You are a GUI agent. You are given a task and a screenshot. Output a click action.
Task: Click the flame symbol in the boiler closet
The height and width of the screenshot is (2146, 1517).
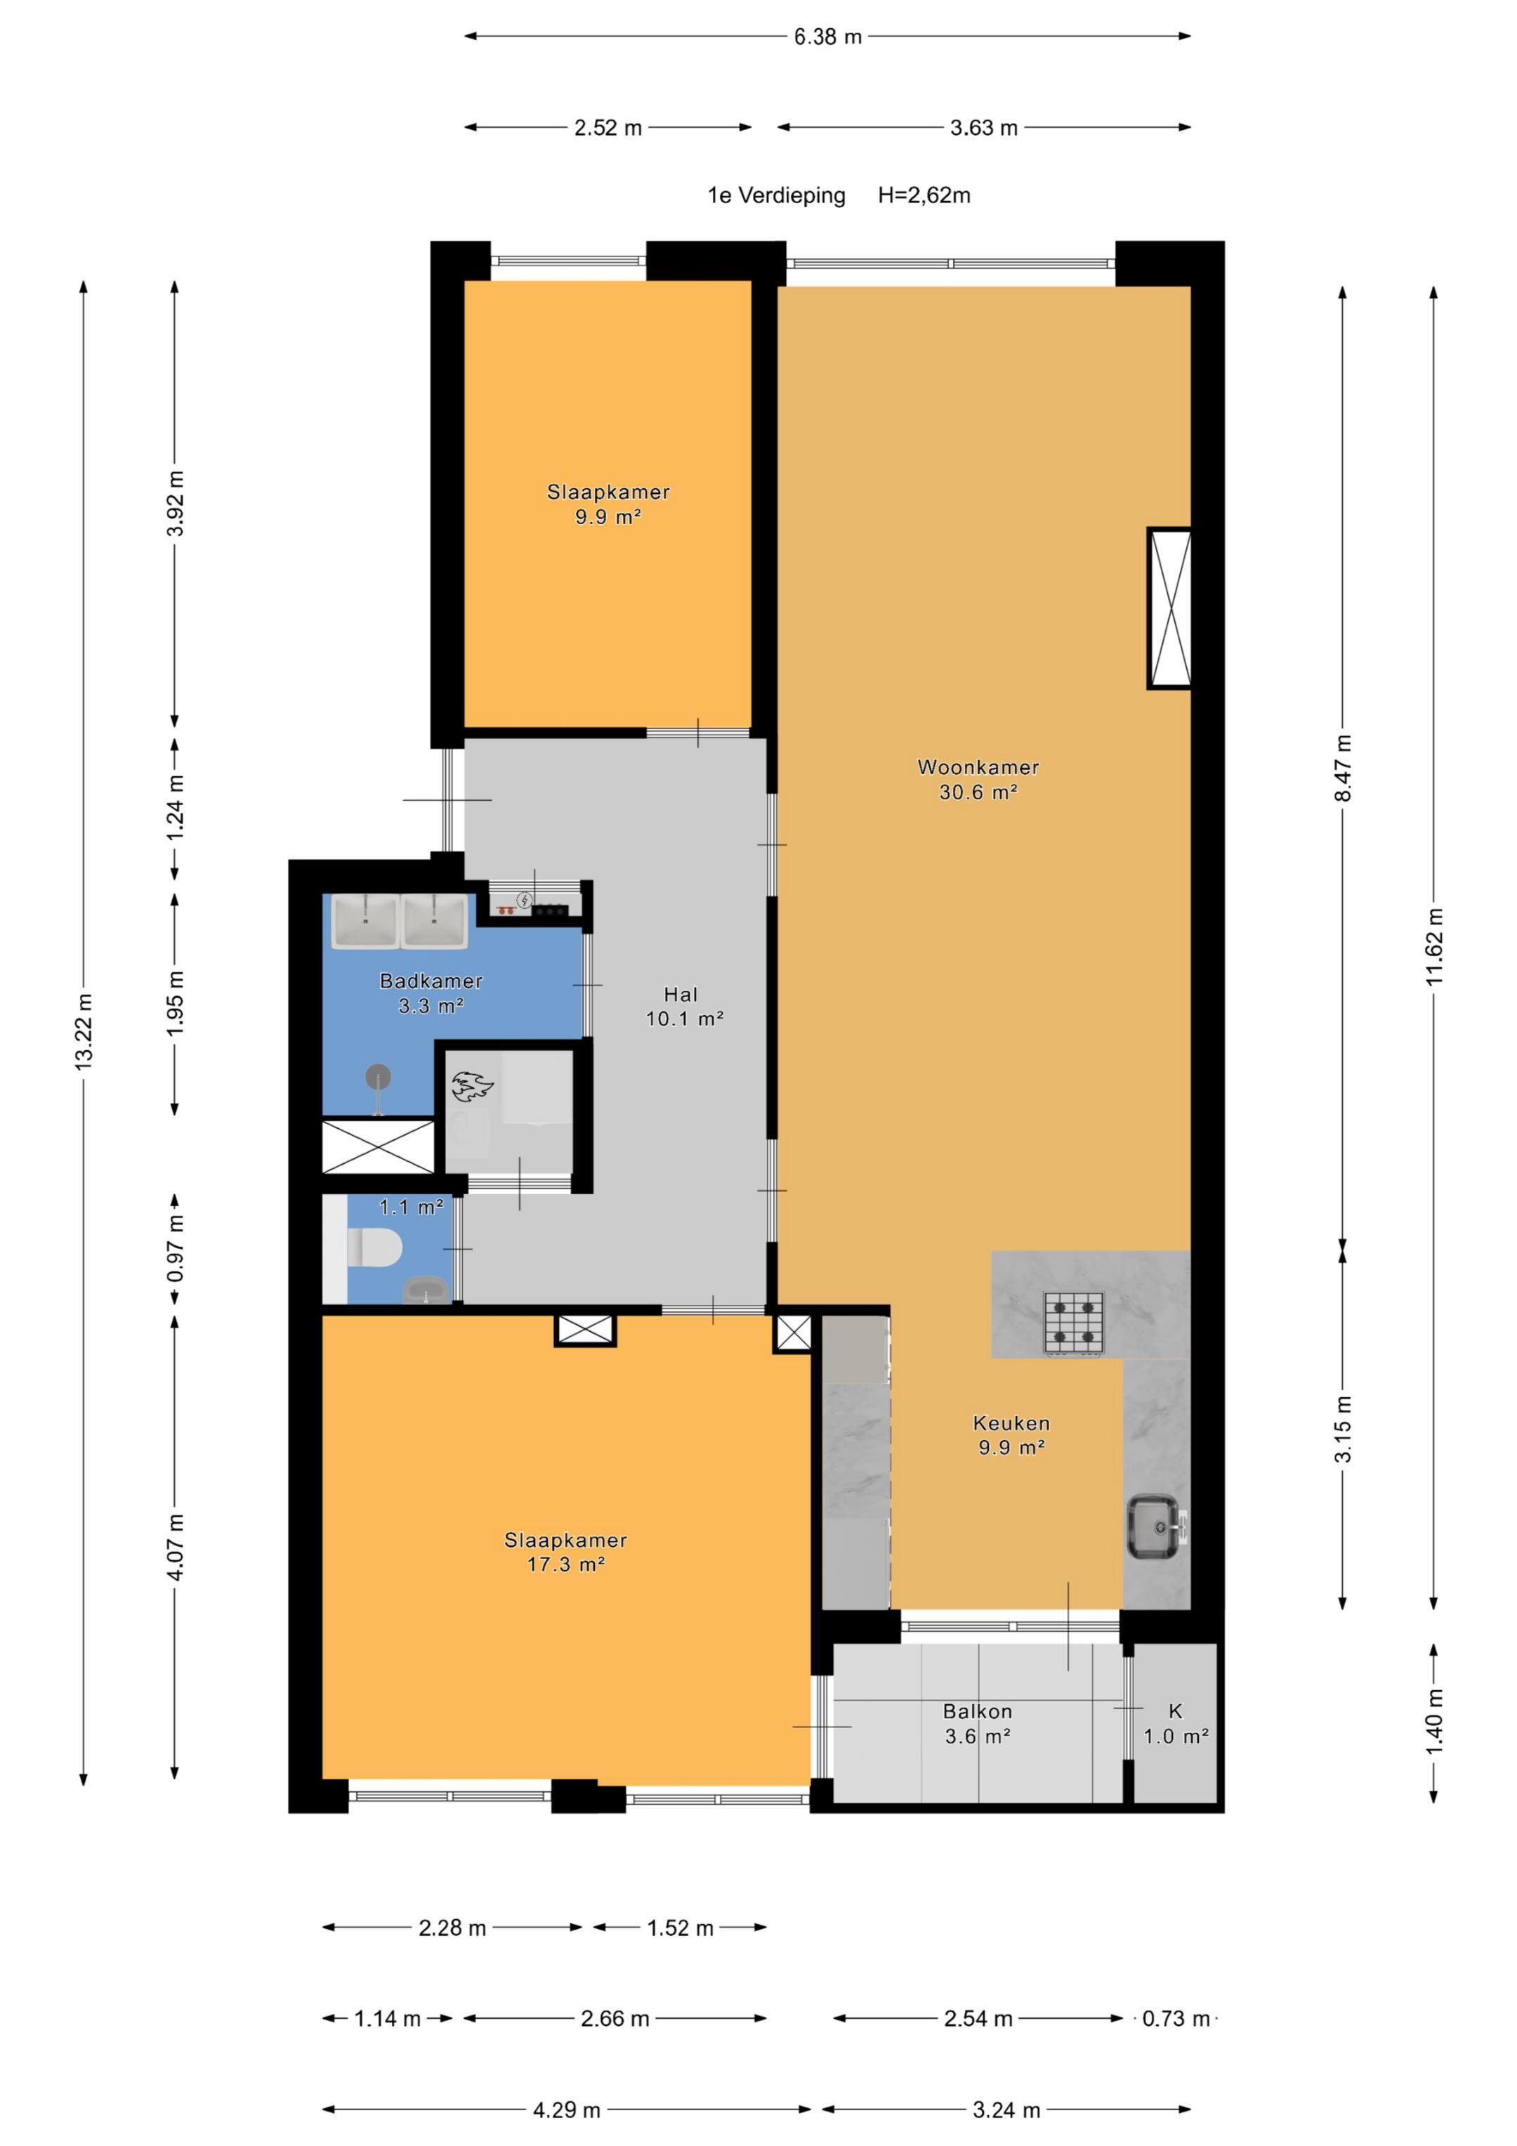(472, 1085)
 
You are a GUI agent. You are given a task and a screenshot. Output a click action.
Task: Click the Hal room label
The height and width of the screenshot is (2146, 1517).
(681, 995)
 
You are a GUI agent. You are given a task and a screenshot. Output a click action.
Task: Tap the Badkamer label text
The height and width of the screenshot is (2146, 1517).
(431, 981)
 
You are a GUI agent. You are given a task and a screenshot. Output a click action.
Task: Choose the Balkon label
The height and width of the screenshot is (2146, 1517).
(978, 1710)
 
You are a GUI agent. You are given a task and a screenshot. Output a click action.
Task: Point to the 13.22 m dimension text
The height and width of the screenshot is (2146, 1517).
(84, 1032)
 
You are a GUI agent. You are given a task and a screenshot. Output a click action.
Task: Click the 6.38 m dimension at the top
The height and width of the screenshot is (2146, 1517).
(828, 37)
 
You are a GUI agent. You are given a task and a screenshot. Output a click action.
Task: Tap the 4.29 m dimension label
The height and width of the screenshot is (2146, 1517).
(567, 2109)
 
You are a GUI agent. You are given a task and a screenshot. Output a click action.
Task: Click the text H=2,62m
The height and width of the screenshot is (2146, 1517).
(924, 195)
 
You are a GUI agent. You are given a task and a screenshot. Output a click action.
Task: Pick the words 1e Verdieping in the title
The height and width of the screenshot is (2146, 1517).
(776, 195)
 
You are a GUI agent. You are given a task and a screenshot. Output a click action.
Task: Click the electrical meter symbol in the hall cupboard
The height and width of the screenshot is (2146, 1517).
(525, 901)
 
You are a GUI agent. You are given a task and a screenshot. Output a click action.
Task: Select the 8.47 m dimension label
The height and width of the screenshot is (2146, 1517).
(1343, 768)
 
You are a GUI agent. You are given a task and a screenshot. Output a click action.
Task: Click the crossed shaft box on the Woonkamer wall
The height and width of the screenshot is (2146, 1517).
(1169, 608)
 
